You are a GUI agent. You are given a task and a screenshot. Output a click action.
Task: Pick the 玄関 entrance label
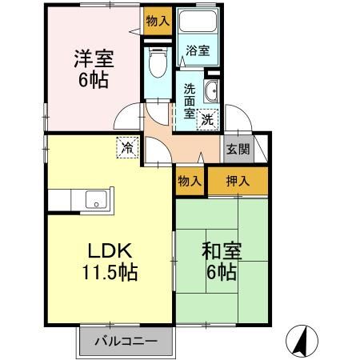[x=236, y=149]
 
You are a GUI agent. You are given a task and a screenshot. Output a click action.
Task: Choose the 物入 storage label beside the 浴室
[x=158, y=22]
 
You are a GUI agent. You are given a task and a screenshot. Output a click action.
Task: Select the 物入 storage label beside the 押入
[x=190, y=182]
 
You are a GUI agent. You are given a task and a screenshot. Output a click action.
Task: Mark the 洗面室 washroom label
[x=190, y=101]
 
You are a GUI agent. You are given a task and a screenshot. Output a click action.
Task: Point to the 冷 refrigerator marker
[x=126, y=146]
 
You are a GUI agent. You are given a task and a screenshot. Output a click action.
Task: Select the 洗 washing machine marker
[x=206, y=120]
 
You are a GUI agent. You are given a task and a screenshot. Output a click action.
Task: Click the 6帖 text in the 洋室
[x=94, y=82]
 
